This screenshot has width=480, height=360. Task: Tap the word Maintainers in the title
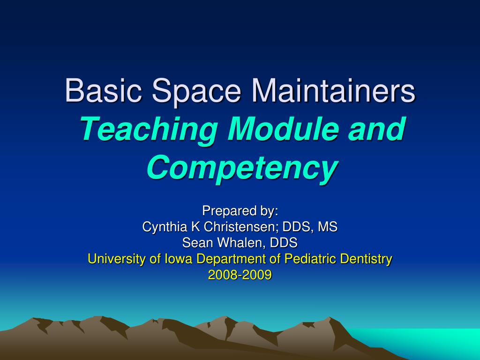point(333,90)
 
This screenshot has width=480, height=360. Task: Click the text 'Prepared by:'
point(240,211)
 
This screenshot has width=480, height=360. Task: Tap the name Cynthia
point(164,227)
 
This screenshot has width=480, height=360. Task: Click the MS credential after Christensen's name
point(327,227)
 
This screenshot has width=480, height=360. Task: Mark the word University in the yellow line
point(117,259)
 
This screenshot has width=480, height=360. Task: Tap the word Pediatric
point(308,259)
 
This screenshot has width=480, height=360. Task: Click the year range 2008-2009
point(240,275)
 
